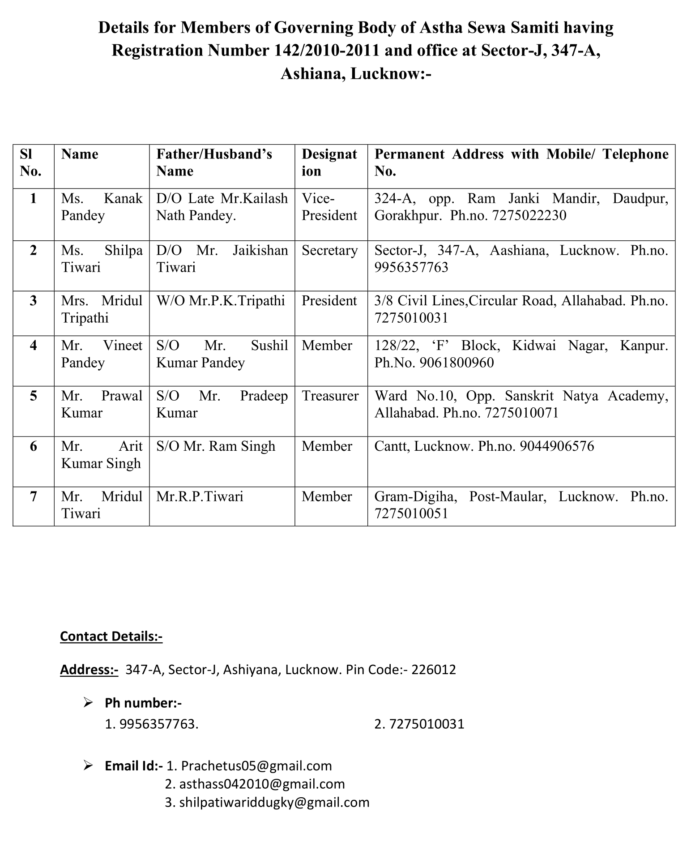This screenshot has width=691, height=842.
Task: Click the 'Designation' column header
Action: (x=329, y=162)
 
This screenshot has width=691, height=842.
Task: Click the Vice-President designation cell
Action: (x=329, y=207)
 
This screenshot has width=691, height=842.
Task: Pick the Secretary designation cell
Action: (x=329, y=251)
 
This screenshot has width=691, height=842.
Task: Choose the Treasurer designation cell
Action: (x=330, y=396)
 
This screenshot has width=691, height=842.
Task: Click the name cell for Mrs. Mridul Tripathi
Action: (x=102, y=309)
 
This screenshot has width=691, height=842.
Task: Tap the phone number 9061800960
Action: (x=456, y=363)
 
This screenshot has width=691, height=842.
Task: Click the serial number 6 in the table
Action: (x=34, y=446)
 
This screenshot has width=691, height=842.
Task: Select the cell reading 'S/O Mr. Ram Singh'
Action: (x=216, y=446)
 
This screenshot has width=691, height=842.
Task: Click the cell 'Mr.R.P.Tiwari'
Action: (x=200, y=496)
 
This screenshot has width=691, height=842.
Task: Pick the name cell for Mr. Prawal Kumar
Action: (x=102, y=404)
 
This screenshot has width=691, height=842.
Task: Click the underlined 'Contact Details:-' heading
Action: (x=111, y=637)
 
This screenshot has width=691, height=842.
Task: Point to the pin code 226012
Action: (x=433, y=670)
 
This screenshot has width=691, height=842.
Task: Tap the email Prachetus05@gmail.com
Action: (x=256, y=766)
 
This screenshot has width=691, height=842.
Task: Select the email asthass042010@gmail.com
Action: (x=262, y=784)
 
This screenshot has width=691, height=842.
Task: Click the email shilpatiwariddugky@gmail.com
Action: (x=274, y=802)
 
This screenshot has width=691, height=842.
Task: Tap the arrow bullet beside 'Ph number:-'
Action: (x=88, y=703)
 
